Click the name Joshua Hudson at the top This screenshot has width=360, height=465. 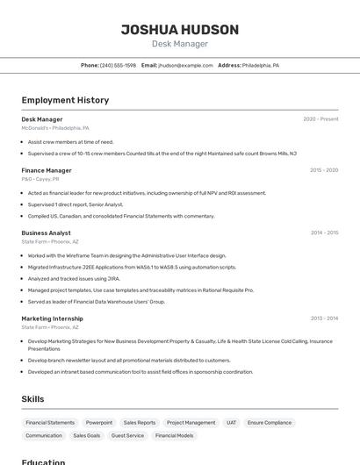[x=179, y=30]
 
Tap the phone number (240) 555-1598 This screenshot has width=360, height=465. [x=118, y=65]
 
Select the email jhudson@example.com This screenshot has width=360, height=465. [x=185, y=65]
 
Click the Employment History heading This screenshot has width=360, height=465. [x=65, y=100]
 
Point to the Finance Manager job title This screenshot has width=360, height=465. [x=47, y=170]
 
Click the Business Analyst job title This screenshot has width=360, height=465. [x=46, y=232]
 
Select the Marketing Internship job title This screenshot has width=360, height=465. [x=52, y=318]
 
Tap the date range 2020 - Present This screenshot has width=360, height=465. [x=320, y=119]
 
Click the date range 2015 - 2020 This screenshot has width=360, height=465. [x=324, y=170]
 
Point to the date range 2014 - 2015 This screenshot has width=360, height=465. [x=324, y=232]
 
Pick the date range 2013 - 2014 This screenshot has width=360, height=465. [x=324, y=318]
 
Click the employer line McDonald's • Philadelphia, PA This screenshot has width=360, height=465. [x=55, y=128]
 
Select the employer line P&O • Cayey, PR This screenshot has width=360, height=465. [x=40, y=179]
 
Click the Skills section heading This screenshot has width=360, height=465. [x=32, y=399]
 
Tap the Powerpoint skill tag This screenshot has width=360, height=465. [x=99, y=422]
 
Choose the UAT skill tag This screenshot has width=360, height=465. [x=231, y=422]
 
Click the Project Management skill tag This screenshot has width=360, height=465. [x=191, y=422]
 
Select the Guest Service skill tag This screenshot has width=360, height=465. [x=127, y=435]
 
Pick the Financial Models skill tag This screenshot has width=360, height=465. [x=174, y=435]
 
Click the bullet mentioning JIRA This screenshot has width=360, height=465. [x=74, y=278]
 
